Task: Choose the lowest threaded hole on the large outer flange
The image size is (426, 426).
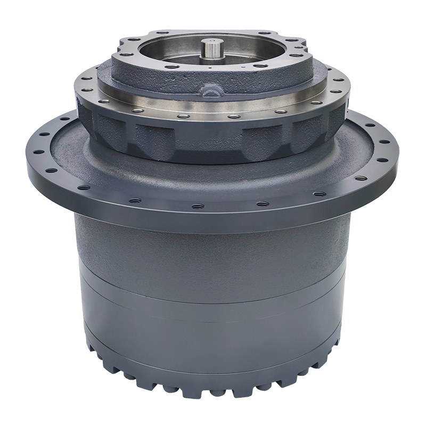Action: [198, 206]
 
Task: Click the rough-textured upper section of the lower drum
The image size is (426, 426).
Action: [213, 250]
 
